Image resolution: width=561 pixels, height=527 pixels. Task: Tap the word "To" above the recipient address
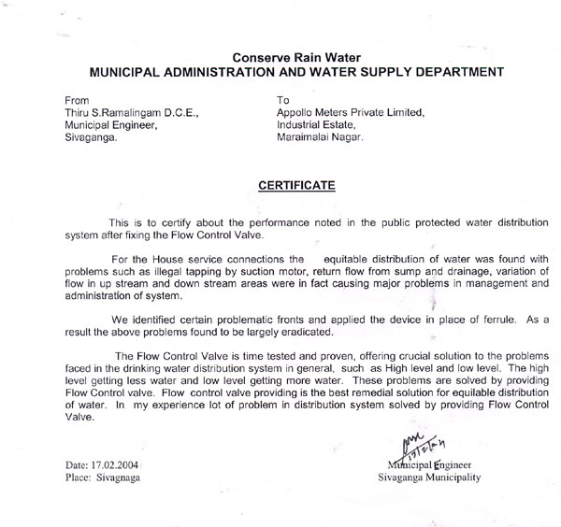pos(285,99)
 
